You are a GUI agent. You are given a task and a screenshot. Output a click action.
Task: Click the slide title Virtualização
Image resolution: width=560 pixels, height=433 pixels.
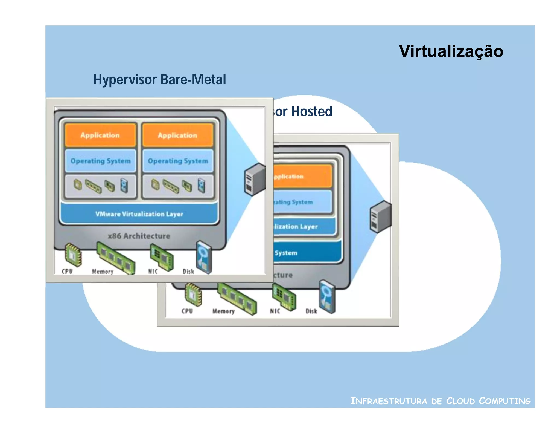click(x=451, y=51)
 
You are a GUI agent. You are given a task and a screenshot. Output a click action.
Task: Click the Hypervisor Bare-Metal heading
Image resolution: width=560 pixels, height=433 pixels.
click(x=160, y=80)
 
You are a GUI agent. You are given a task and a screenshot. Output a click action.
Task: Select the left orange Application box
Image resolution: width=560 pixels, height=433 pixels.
click(x=100, y=135)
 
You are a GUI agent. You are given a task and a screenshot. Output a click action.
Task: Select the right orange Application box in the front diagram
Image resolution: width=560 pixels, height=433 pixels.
click(x=177, y=135)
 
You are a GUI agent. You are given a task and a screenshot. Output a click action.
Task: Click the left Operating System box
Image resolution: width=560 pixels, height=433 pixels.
click(x=100, y=161)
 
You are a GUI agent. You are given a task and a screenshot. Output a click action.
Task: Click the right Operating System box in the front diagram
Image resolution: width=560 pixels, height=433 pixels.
click(x=178, y=161)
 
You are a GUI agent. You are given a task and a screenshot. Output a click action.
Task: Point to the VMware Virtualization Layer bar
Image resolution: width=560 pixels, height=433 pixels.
click(x=139, y=214)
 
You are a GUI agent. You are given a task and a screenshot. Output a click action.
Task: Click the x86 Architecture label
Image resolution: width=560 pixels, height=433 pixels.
click(x=139, y=236)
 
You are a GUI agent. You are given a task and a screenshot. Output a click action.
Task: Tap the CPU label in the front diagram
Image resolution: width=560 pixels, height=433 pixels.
click(x=67, y=271)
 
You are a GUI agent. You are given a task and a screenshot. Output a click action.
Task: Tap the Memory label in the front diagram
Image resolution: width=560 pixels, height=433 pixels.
click(x=103, y=272)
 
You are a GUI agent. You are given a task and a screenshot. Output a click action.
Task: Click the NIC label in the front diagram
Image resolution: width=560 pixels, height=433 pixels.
click(x=153, y=272)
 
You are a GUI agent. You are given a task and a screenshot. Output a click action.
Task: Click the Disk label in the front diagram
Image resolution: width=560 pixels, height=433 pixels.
click(x=188, y=272)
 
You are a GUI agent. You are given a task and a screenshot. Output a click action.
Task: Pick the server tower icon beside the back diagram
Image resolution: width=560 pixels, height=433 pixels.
click(x=380, y=216)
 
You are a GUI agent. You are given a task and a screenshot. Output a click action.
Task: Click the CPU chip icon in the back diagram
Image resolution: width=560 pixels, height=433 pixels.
click(x=193, y=295)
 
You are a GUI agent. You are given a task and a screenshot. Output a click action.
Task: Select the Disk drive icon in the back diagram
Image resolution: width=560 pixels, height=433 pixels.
click(x=327, y=296)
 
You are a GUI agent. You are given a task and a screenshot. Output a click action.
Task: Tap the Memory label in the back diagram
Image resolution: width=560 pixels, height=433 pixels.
click(x=223, y=311)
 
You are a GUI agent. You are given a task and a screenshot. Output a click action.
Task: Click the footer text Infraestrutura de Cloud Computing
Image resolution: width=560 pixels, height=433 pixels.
click(x=440, y=401)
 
